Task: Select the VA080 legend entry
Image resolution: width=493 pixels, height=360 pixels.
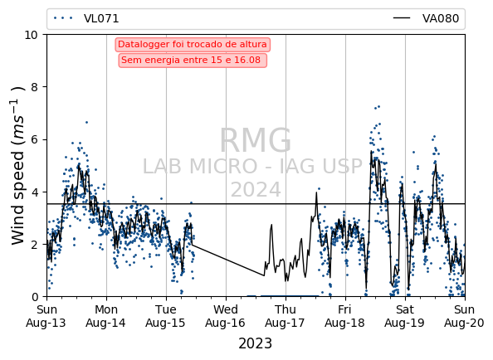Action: [x=426, y=18]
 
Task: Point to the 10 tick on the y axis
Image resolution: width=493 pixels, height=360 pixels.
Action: [x=31, y=35]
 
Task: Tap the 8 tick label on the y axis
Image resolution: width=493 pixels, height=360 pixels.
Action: [x=35, y=87]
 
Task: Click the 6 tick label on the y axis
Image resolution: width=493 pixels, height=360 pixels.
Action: [x=35, y=139]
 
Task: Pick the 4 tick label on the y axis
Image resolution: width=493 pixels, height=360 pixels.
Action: [x=35, y=192]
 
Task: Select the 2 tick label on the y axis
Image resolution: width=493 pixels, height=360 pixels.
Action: [x=35, y=245]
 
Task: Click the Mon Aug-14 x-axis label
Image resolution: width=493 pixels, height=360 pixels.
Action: [x=106, y=316]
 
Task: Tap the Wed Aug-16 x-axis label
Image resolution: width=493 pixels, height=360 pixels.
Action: [x=226, y=316]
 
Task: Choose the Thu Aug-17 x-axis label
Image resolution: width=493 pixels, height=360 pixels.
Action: [x=286, y=316]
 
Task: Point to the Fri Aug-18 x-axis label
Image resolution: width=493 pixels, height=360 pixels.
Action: [x=345, y=316]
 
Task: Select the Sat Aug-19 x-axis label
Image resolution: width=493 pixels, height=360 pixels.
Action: [x=405, y=316]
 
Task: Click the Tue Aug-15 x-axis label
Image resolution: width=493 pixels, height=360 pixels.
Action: [x=166, y=316]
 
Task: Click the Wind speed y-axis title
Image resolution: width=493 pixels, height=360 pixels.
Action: [x=18, y=166]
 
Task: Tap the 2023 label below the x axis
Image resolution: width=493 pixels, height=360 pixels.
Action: [x=256, y=343]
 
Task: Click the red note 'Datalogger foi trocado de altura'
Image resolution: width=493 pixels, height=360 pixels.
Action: [x=193, y=44]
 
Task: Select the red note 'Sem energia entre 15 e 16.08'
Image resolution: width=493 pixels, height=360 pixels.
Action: [x=193, y=60]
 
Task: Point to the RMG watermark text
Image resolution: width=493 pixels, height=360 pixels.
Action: [x=256, y=140]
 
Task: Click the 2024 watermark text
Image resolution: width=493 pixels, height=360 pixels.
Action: [x=256, y=189]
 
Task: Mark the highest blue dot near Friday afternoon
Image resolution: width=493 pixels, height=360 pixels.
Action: [x=378, y=107]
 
